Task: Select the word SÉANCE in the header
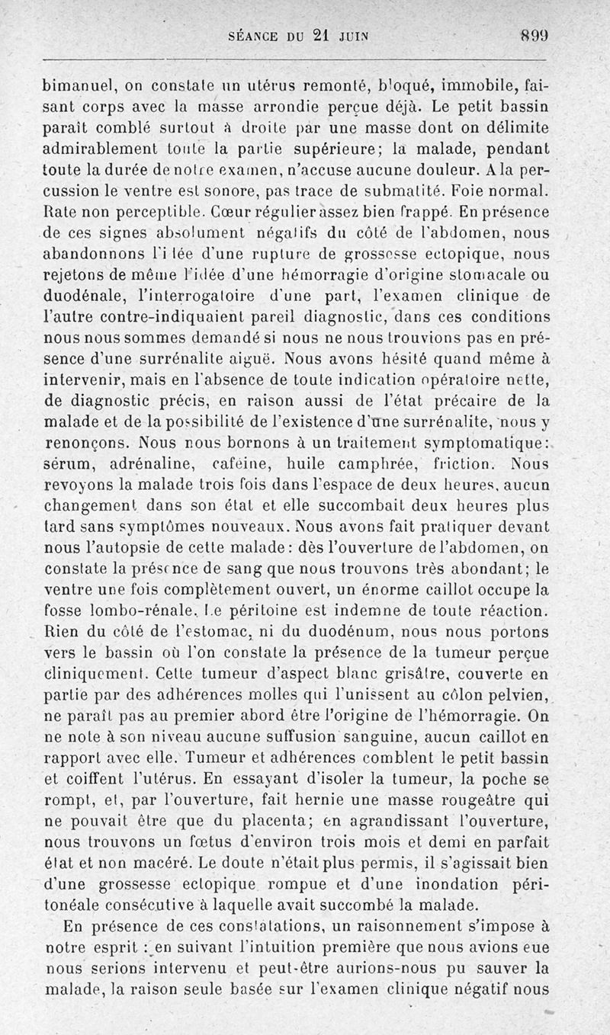pos(255,35)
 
